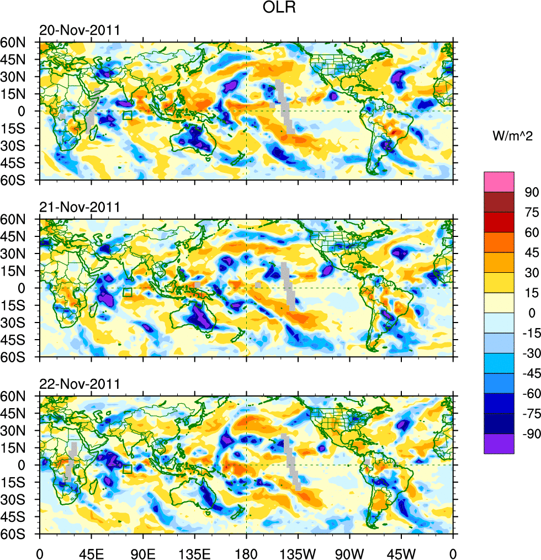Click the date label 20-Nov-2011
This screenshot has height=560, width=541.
tap(79, 30)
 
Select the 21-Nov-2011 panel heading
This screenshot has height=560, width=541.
tap(79, 208)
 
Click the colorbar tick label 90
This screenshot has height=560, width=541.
tap(532, 192)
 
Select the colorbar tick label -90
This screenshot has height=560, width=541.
tap(529, 435)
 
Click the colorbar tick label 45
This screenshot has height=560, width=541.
tap(532, 252)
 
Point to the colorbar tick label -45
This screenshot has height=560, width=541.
tap(529, 374)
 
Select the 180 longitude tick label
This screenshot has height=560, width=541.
tap(246, 552)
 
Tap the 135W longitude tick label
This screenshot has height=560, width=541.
tap(298, 552)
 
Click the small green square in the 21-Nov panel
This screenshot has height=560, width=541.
tap(128, 292)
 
